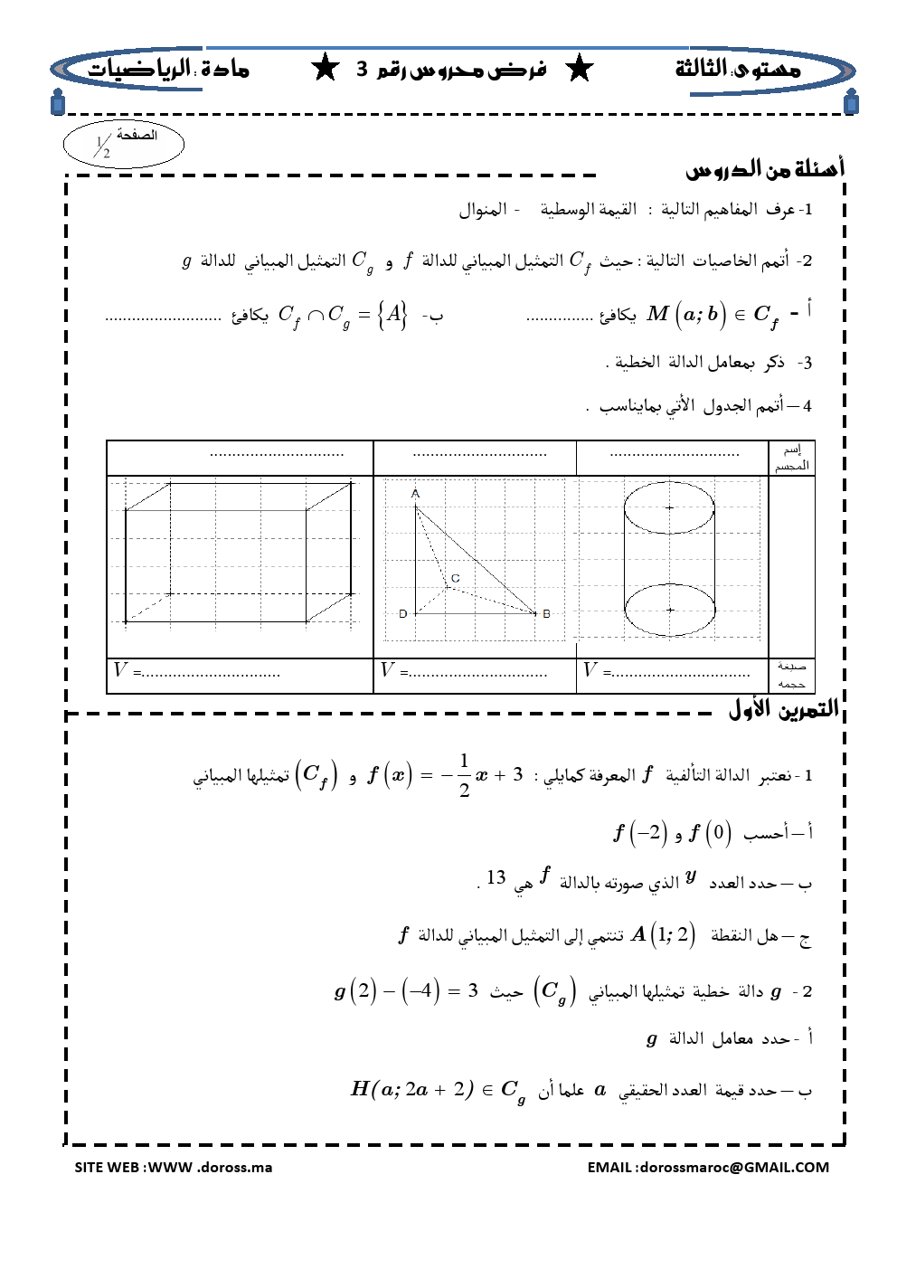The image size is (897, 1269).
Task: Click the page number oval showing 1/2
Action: [x=123, y=144]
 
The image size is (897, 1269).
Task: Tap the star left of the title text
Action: [x=324, y=68]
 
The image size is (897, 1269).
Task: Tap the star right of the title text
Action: [x=579, y=68]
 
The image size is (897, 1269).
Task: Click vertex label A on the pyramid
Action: [x=415, y=494]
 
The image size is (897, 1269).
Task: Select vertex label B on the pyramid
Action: [x=546, y=613]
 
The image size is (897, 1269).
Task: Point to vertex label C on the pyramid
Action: [x=455, y=578]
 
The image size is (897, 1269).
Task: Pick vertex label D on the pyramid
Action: [x=402, y=613]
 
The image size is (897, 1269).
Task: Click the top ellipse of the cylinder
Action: [x=669, y=507]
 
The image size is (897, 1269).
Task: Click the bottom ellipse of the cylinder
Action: [x=669, y=611]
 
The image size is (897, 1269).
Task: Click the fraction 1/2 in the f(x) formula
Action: [x=464, y=775]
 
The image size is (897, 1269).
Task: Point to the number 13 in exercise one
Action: [x=496, y=877]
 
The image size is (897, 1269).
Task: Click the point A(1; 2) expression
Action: [x=663, y=934]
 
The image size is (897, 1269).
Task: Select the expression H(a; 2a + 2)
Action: [x=412, y=1089]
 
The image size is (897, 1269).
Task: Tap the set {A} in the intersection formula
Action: [x=392, y=315]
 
